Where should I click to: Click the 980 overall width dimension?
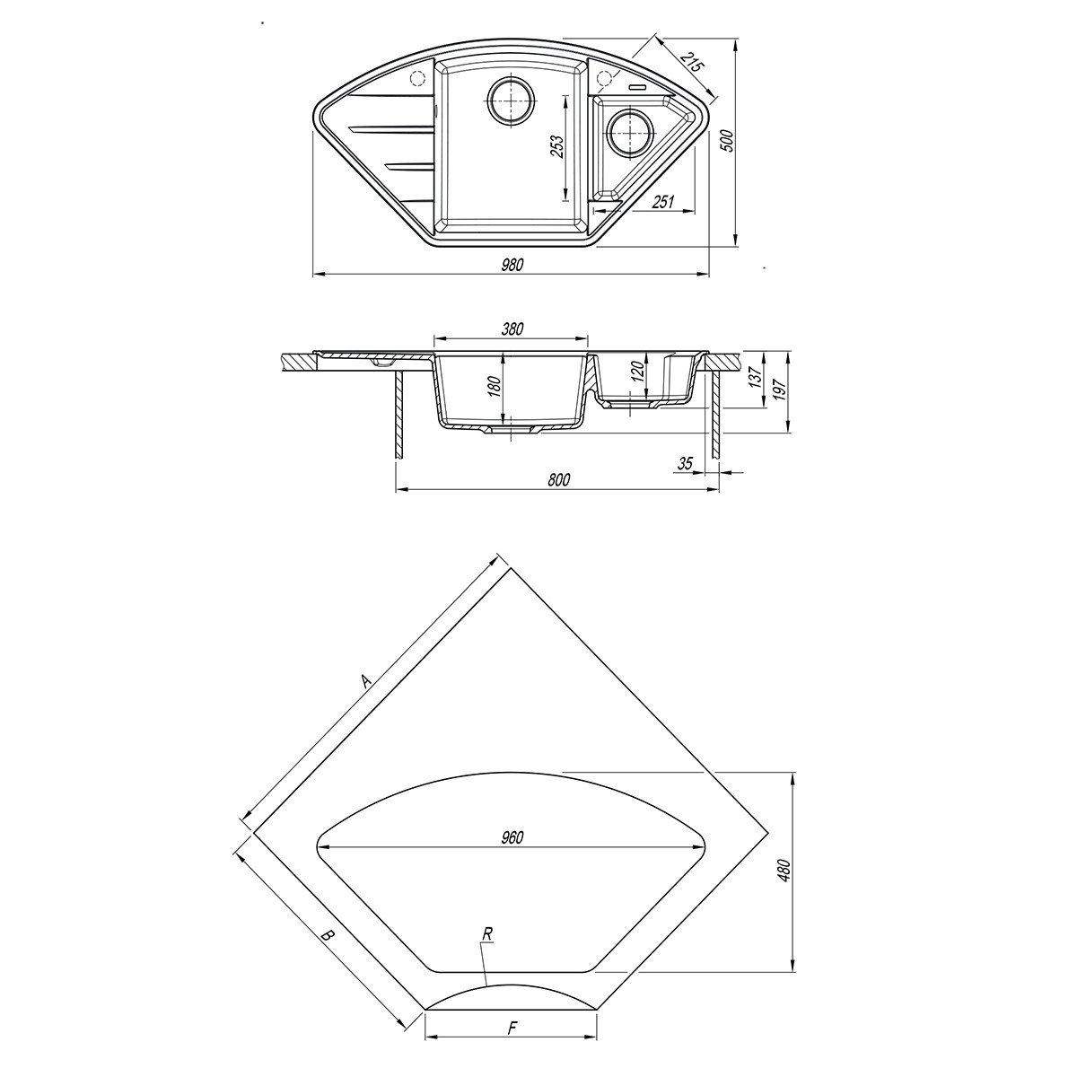point(512,265)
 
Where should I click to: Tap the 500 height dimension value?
point(727,142)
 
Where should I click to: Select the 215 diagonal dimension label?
point(691,63)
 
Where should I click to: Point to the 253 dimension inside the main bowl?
point(556,147)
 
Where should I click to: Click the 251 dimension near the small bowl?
point(663,202)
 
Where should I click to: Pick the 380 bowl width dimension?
point(512,329)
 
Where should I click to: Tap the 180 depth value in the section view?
point(495,387)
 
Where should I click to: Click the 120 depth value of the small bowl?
point(639,370)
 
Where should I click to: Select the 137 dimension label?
point(755,377)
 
